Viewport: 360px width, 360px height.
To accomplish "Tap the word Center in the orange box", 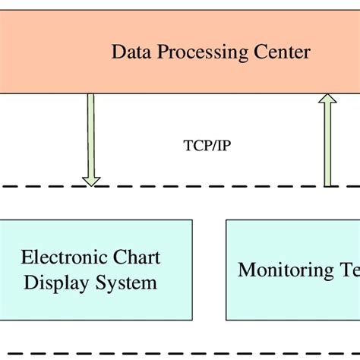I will pyautogui.click(x=282, y=52).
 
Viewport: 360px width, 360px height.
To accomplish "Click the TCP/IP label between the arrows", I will pyautogui.click(x=207, y=144).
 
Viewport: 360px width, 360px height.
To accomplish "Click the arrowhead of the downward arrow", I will pyautogui.click(x=90, y=180).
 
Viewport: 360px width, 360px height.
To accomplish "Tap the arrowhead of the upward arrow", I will pyautogui.click(x=327, y=99).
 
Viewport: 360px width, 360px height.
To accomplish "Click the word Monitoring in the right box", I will pyautogui.click(x=282, y=270).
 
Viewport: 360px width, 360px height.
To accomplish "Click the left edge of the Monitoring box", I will pyautogui.click(x=226, y=270).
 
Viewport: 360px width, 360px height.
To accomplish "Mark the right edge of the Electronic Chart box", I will pyautogui.click(x=192, y=270).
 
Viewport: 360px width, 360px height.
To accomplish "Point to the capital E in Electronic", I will pyautogui.click(x=26, y=257).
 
